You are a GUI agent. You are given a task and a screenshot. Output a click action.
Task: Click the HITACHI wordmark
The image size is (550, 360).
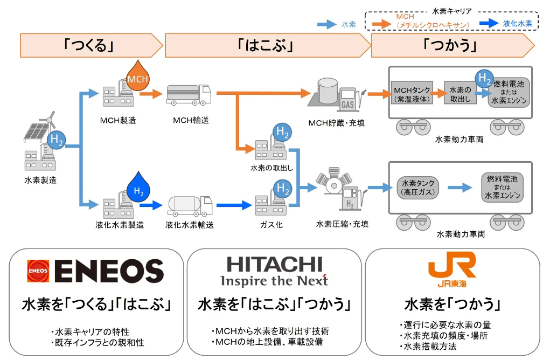274,265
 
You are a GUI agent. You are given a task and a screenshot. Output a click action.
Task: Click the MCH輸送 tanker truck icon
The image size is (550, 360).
189,95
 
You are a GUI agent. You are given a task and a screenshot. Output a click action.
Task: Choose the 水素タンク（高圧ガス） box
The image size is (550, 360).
417,187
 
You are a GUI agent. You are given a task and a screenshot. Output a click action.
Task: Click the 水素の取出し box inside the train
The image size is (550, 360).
460,94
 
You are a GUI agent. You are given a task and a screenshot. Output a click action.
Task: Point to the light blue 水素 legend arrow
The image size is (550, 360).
326,24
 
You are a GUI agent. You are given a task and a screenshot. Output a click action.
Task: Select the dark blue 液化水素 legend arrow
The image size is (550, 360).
489,24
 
